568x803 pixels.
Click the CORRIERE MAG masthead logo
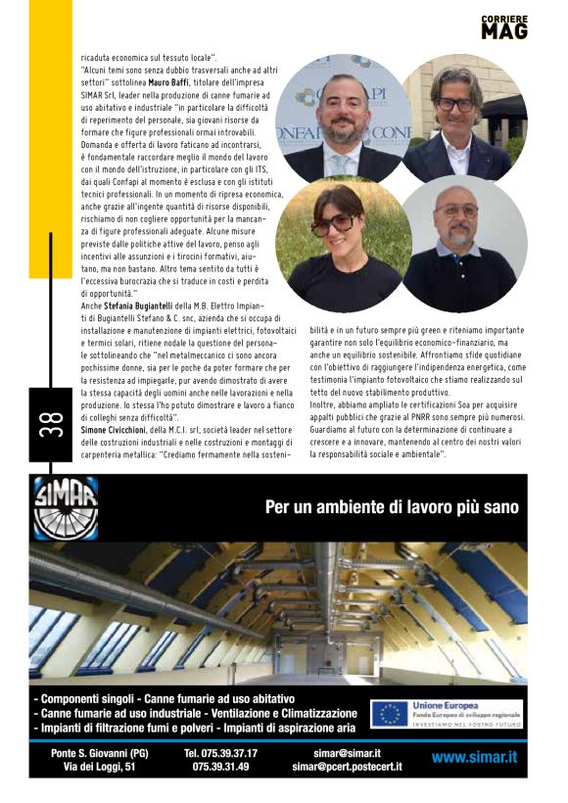pos(503,26)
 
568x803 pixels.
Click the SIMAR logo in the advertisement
pos(66,507)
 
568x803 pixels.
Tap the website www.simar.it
pos(474,757)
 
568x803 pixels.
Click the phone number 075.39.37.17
pos(220,754)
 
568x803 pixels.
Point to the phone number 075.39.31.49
pos(220,767)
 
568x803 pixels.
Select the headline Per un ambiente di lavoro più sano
pos(392,507)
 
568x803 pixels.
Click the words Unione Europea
pos(446,705)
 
